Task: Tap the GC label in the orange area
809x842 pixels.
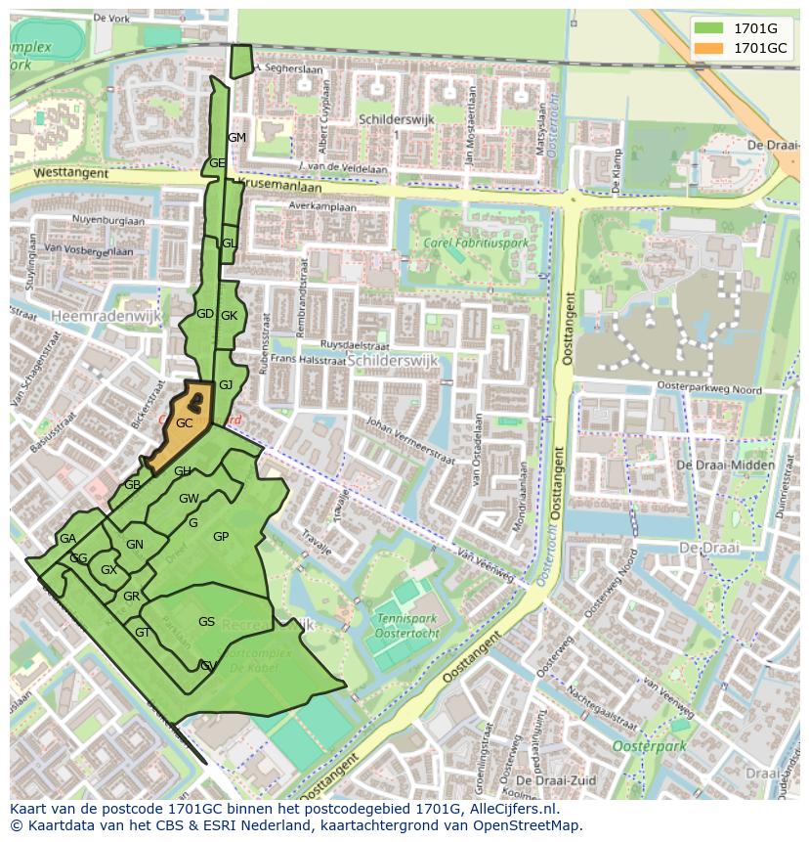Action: pos(184,423)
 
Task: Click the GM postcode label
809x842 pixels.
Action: pos(236,138)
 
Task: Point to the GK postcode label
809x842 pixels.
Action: pos(230,316)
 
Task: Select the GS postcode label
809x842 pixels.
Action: pos(206,622)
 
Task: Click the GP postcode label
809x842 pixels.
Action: pos(221,537)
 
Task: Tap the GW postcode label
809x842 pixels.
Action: pos(189,499)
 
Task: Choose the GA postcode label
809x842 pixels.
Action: pos(67,539)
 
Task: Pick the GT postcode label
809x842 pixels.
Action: pos(143,633)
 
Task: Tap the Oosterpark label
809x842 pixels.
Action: pos(649,746)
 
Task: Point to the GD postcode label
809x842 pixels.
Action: pos(204,314)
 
